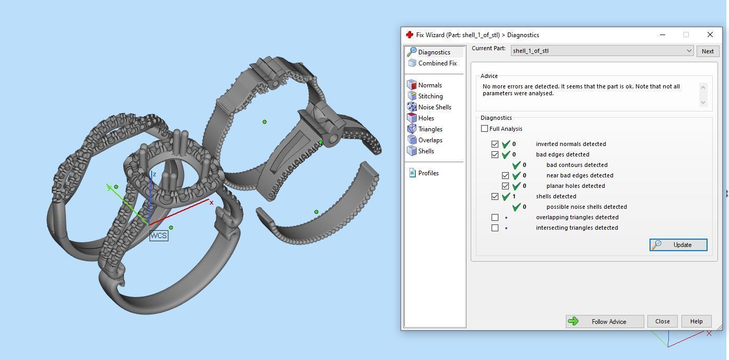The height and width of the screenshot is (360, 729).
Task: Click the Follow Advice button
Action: [605, 321]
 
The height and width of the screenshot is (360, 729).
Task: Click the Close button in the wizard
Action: [662, 321]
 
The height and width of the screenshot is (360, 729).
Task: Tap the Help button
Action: [696, 321]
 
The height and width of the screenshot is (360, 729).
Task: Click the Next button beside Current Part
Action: [707, 51]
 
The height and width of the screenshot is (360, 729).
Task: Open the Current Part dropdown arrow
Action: [689, 51]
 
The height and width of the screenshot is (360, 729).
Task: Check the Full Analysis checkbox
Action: [485, 129]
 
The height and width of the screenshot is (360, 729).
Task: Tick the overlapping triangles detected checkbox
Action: [495, 217]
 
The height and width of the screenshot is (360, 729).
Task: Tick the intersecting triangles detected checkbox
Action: [495, 228]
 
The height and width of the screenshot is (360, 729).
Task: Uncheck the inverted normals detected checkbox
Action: [495, 144]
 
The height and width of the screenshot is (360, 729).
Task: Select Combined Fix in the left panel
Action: [437, 63]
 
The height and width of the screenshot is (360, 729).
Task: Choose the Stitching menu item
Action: [430, 96]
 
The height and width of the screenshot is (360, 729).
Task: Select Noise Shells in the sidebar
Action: [435, 107]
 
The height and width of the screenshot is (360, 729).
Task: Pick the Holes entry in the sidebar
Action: [426, 118]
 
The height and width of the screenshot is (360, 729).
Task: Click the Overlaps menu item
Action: [430, 140]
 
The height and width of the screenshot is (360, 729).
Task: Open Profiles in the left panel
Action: [428, 173]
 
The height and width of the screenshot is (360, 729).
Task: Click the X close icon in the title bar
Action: [710, 35]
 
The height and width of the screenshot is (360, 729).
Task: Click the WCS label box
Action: [158, 235]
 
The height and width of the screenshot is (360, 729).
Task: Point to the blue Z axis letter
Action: [154, 174]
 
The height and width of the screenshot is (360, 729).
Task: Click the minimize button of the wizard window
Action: [663, 35]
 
